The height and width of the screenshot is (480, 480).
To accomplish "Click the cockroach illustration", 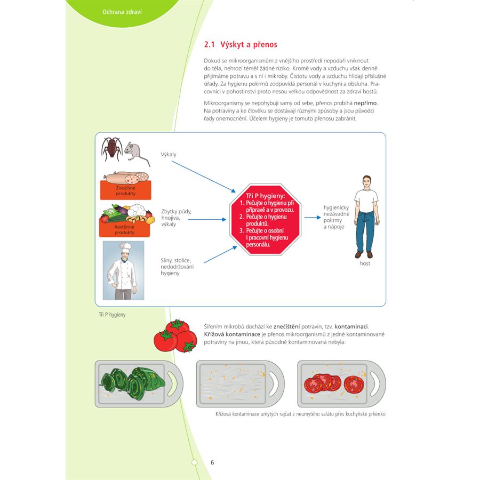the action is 111,149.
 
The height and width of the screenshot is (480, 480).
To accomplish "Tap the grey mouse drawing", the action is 136,152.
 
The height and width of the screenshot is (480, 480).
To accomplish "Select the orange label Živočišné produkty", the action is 125,190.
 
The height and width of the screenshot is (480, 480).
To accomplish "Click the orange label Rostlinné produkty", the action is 124,229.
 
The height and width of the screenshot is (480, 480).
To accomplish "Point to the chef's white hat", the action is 125,248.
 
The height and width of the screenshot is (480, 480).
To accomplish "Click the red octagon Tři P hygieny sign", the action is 265,220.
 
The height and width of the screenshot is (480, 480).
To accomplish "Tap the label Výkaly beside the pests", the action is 169,154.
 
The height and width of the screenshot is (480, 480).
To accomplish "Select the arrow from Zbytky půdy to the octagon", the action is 207,220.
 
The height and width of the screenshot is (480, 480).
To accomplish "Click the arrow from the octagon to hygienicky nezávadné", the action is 313,218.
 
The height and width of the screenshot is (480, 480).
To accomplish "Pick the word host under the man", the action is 365,263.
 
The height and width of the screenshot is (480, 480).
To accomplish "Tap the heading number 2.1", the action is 210,45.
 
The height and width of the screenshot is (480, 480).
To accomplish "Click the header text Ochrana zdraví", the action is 122,12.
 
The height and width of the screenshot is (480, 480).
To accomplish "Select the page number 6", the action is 212,462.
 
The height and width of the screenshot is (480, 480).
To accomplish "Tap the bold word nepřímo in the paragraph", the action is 365,103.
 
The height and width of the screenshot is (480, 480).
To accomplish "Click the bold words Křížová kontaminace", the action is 232,334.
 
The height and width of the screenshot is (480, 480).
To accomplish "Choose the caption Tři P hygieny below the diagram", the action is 112,315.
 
